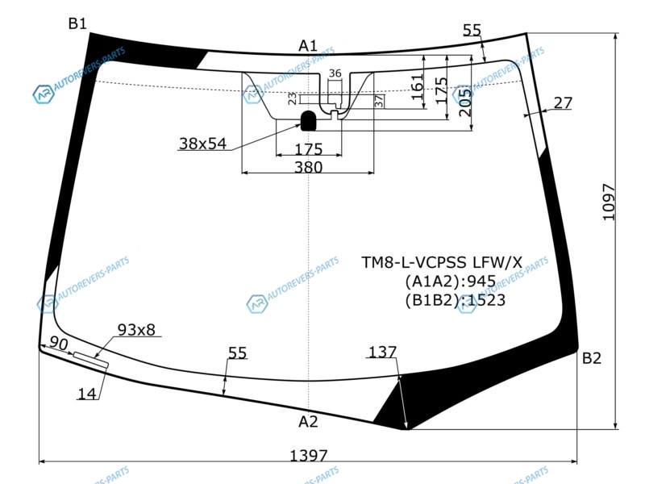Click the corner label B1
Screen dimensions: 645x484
[77, 23]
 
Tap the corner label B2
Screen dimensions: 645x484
[592, 358]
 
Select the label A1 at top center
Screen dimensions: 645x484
[308, 46]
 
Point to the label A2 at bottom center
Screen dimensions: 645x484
[308, 421]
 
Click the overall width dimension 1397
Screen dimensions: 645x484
[309, 456]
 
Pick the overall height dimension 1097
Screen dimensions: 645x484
[609, 202]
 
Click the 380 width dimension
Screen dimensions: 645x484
[309, 167]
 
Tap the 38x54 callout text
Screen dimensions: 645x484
[203, 144]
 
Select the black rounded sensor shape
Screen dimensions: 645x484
[309, 120]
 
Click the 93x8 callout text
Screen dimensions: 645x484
[136, 329]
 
